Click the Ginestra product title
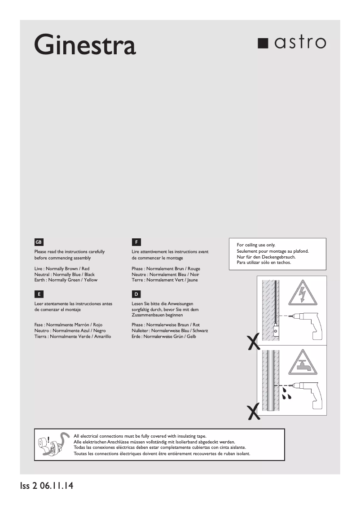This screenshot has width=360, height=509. pyautogui.click(x=85, y=45)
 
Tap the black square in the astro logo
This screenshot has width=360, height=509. pyautogui.click(x=263, y=44)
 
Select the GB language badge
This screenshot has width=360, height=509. pyautogui.click(x=39, y=242)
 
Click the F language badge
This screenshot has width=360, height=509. pyautogui.click(x=136, y=242)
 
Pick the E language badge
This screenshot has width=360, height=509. pyautogui.click(x=39, y=294)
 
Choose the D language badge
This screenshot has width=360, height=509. pyautogui.click(x=136, y=294)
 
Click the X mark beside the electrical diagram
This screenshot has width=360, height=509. pyautogui.click(x=254, y=342)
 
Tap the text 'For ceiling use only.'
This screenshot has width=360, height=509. pyautogui.click(x=256, y=245)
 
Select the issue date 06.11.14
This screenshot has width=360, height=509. pyautogui.click(x=56, y=486)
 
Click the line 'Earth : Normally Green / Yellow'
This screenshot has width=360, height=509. pyautogui.click(x=66, y=280)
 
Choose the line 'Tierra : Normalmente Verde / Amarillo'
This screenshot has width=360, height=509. pyautogui.click(x=72, y=336)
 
